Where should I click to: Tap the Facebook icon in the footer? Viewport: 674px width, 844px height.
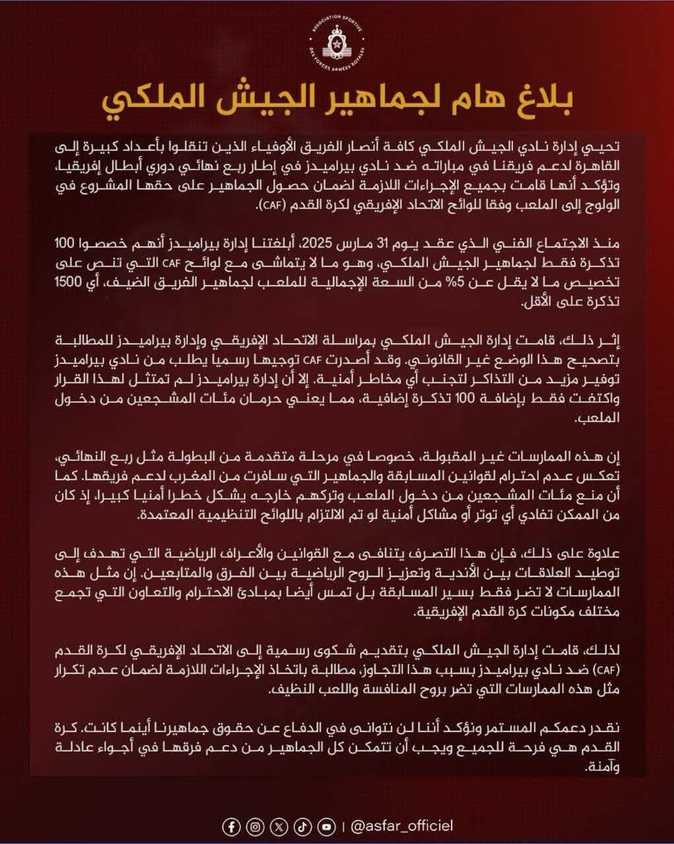(231, 826)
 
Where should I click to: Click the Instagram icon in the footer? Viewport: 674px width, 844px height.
(255, 826)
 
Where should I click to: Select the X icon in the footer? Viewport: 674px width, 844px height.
(279, 826)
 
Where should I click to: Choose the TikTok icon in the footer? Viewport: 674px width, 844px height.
(302, 826)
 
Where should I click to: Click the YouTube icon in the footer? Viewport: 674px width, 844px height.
(326, 826)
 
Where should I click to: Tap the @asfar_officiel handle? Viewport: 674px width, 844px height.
(402, 826)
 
